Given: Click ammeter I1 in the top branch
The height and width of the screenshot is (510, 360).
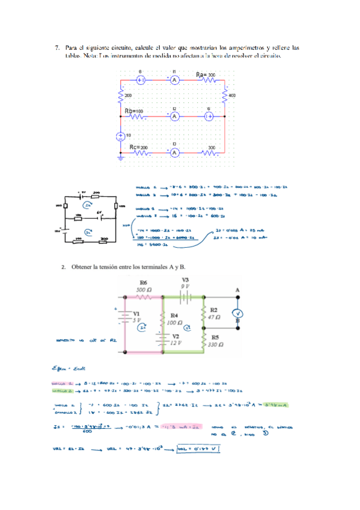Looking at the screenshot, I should pos(174,79).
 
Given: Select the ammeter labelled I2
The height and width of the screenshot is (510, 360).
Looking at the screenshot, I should pos(174,116).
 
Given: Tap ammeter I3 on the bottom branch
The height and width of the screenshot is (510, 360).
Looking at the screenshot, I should pos(174,153).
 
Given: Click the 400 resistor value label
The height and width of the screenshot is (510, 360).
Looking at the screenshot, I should pos(233,96).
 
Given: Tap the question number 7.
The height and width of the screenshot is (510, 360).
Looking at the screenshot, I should pos(57,46).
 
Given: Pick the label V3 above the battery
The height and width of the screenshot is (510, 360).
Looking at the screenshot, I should pos(185,279).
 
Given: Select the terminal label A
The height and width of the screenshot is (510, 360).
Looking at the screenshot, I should pos(237,290).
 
